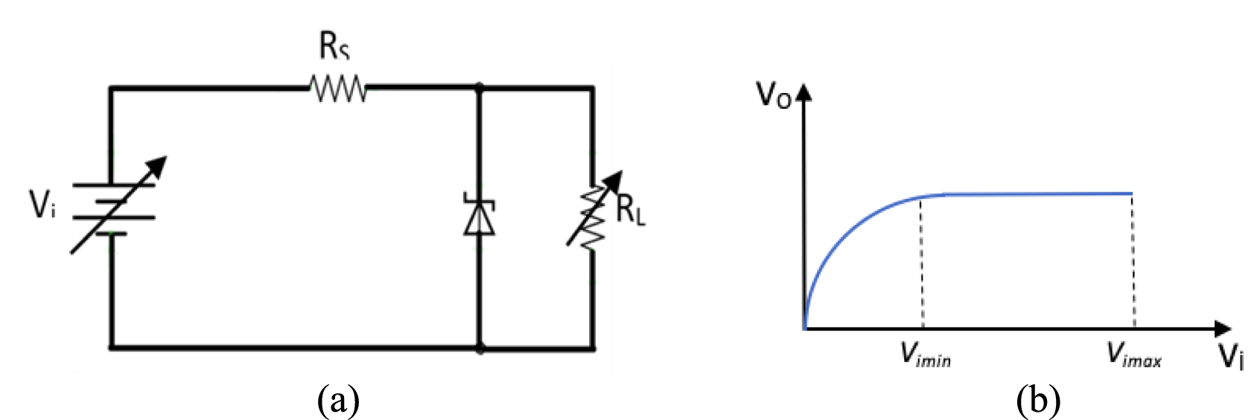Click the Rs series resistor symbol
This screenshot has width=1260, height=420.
(338, 89)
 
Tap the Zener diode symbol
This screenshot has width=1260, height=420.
(479, 216)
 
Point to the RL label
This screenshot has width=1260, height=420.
(631, 211)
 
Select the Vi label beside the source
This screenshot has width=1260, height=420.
(42, 205)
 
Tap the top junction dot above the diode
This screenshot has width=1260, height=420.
(479, 88)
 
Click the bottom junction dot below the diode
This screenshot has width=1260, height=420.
(480, 348)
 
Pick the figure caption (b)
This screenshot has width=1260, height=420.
(1038, 401)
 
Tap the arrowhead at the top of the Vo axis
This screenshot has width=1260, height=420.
(804, 93)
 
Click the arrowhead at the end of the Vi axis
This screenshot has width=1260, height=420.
(1222, 328)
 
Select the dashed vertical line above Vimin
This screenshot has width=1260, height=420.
(922, 261)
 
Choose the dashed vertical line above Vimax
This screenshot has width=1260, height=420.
(1133, 261)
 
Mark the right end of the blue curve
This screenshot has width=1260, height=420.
(1132, 194)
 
